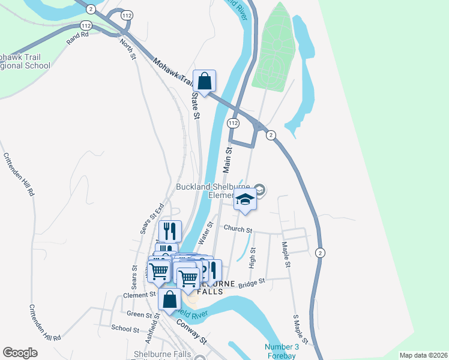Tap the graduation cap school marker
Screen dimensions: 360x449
click(245, 200)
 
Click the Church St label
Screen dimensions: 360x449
click(236, 229)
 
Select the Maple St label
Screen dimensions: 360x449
click(287, 256)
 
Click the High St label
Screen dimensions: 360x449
click(253, 257)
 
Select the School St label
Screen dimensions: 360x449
click(125, 328)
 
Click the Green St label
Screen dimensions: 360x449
click(139, 313)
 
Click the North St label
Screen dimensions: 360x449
click(127, 49)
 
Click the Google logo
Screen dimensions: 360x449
click(20, 353)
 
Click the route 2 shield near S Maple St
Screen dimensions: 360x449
click(320, 253)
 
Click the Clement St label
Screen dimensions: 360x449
click(139, 295)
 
